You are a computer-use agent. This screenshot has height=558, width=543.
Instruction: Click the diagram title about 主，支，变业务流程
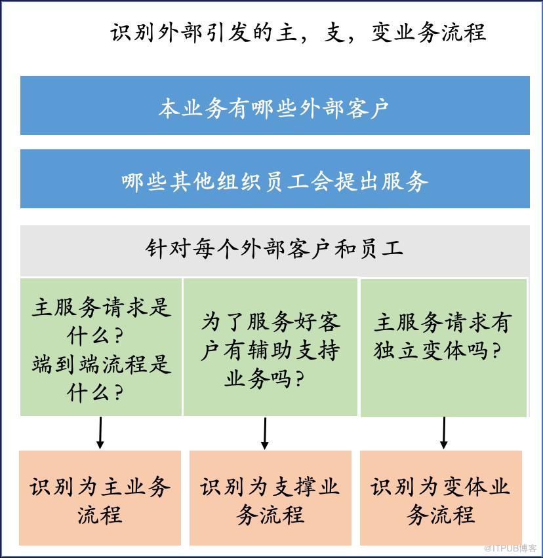298,33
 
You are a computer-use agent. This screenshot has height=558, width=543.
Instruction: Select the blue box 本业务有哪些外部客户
275,105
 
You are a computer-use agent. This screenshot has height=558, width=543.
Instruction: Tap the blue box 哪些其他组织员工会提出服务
275,179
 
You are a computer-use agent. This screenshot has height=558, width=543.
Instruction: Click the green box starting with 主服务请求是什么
101,347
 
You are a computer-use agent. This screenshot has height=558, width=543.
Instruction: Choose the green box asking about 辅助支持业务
270,347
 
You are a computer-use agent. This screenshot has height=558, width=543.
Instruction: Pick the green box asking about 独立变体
443,348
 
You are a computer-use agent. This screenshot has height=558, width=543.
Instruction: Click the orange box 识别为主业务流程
100,498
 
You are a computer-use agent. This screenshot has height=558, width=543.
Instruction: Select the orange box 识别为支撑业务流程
270,498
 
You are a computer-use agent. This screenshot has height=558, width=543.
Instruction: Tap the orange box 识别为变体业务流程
441,498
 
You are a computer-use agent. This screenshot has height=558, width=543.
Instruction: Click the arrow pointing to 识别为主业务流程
100,433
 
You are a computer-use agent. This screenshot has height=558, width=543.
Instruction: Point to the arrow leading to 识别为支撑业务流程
265,433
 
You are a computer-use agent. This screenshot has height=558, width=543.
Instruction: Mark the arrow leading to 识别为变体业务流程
443,433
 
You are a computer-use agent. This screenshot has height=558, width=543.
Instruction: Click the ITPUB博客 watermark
510,548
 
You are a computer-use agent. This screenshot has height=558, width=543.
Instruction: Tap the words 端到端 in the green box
66,364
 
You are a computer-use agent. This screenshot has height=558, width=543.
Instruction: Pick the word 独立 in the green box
396,350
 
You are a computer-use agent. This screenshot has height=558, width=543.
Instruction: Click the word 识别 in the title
132,33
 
